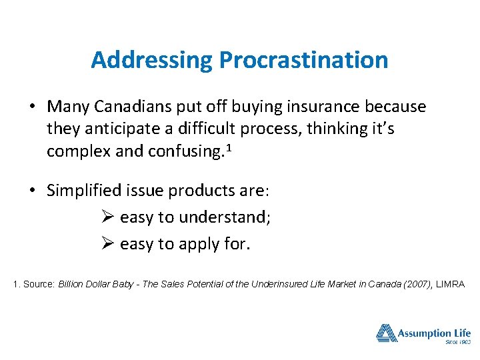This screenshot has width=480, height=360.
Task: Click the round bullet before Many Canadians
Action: (32, 107)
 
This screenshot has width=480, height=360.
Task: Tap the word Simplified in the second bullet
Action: (86, 191)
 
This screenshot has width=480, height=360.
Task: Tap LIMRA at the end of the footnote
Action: (450, 285)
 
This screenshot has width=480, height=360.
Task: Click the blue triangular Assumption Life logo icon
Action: (386, 333)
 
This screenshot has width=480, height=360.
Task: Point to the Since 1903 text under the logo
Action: (457, 343)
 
